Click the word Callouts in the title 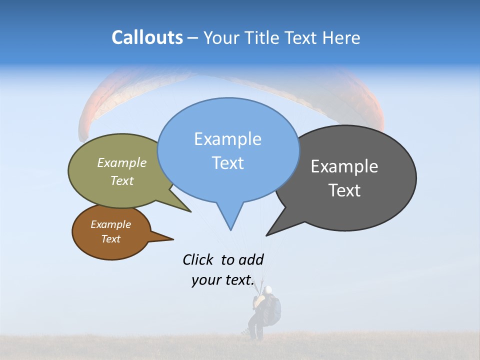pos(147,37)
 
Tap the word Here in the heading pos(341,37)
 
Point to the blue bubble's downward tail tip pos(230,229)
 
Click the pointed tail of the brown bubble pos(172,239)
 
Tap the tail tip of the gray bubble pos(267,235)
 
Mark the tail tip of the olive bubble pos(190,211)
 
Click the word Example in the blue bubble pos(227,139)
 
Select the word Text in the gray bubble pos(344,190)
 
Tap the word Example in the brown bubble pos(110,224)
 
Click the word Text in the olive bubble pos(122,180)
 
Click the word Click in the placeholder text pos(197,259)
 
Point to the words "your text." pos(222,280)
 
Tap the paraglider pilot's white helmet pos(268,289)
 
